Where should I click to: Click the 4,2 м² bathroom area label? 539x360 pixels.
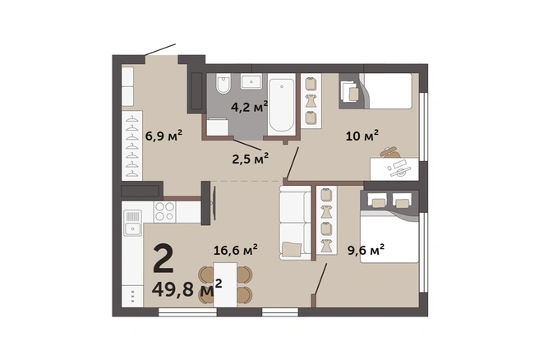pos(249,107)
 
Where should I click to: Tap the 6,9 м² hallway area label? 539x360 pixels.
pos(164,136)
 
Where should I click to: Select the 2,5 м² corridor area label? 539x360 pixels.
pos(251,159)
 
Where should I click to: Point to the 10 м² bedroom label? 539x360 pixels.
pos(362,136)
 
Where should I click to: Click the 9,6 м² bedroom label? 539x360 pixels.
pos(366,250)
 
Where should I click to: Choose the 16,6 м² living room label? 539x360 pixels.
pos(236,250)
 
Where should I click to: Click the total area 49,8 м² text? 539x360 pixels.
pos(187,289)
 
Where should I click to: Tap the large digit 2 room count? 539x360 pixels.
pos(163,258)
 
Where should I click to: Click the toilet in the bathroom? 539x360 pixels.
pos(223,84)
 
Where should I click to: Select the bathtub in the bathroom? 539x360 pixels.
pos(282,105)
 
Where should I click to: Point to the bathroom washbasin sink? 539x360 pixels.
pos(251,82)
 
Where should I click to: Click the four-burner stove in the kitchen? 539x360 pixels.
pos(164,211)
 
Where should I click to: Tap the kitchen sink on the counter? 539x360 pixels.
pos(132,223)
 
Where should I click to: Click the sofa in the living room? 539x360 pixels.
pos(296,223)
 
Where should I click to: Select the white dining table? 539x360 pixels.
pos(225,284)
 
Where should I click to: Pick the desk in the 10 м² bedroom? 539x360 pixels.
pos(394,168)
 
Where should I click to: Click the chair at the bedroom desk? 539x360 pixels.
pos(389,152)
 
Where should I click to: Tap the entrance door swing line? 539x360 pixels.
pos(160,49)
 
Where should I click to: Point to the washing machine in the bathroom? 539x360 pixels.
pos(218,127)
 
